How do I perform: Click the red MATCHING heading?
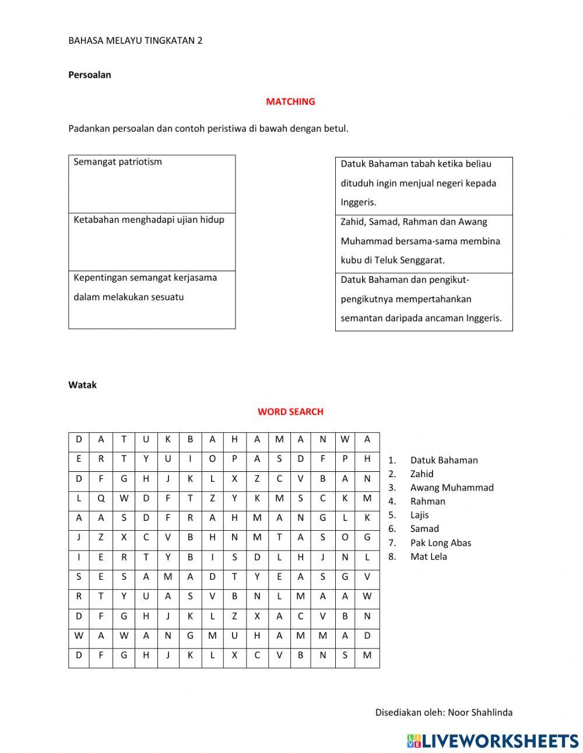(x=290, y=101)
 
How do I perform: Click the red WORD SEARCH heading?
(x=290, y=412)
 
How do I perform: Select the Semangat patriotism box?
(x=152, y=184)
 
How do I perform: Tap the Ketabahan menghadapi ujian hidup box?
(x=152, y=241)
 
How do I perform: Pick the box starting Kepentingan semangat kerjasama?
(x=152, y=299)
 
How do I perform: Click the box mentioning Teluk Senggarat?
(x=424, y=241)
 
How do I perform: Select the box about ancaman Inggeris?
(x=424, y=300)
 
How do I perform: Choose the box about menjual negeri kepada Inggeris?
(x=424, y=184)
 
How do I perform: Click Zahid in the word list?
(x=422, y=474)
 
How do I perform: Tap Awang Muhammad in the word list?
(x=451, y=488)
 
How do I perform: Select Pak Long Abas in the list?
(x=440, y=543)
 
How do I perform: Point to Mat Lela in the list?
(x=429, y=556)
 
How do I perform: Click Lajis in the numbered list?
(x=419, y=515)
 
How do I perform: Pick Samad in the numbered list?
(x=424, y=529)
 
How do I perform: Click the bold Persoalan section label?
(x=90, y=75)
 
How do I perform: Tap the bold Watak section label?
(x=83, y=385)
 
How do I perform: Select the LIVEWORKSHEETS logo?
(x=493, y=741)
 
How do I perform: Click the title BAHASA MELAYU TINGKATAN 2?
(x=135, y=41)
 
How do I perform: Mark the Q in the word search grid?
(x=101, y=498)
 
